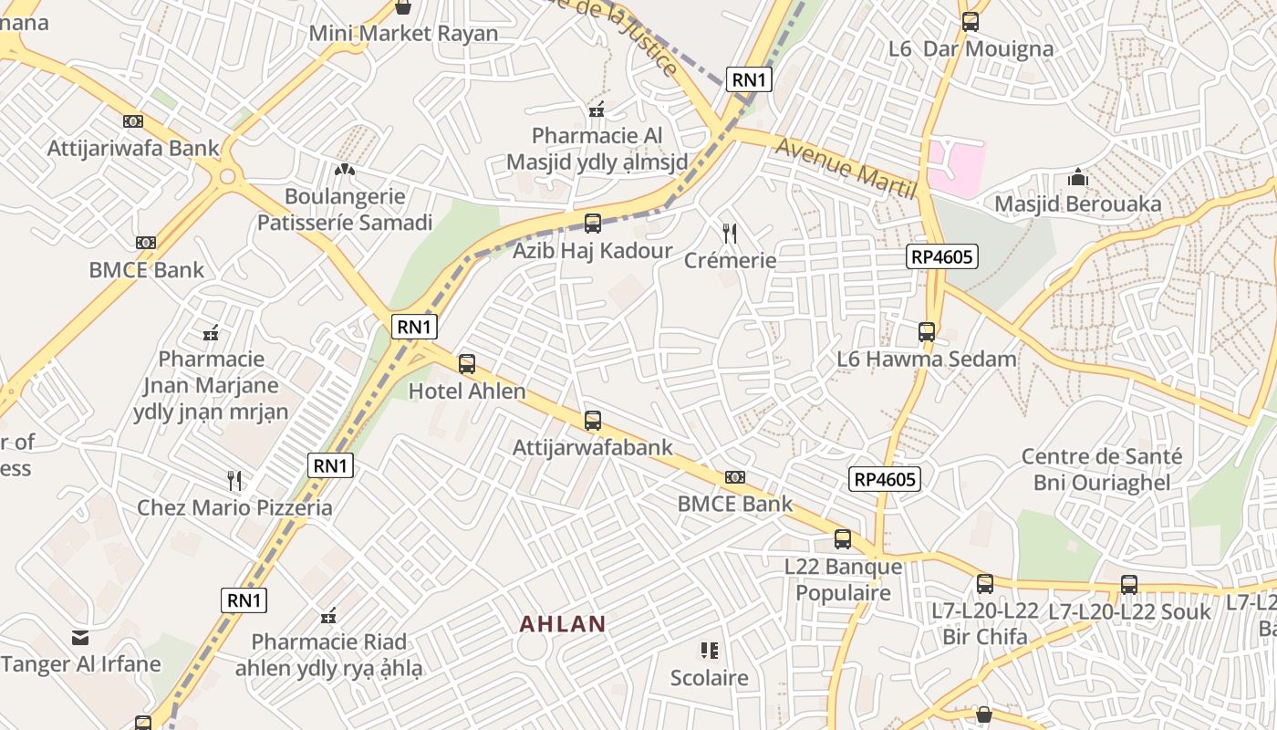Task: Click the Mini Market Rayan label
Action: pos(403,34)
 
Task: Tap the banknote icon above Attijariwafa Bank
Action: pos(133,121)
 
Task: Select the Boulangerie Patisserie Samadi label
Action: pos(345,209)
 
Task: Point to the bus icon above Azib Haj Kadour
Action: pos(592,223)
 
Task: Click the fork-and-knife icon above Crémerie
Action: pos(730,234)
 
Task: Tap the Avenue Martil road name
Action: pos(845,168)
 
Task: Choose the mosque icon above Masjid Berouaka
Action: pos(1077,177)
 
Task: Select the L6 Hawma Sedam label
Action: pos(926,359)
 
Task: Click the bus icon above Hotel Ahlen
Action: pos(467,364)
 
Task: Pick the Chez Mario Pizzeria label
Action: pos(234,507)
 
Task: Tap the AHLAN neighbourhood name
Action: pos(563,624)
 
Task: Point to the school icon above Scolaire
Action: pos(710,651)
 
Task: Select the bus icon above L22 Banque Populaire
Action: pos(843,539)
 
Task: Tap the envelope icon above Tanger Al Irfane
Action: pos(80,637)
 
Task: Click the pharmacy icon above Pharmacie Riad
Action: pos(328,616)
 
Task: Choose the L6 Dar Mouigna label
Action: pos(971,48)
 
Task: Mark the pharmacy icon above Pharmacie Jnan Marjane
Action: pos(211,332)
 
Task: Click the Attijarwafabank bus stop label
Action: pos(592,447)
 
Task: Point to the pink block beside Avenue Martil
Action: pos(957,168)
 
